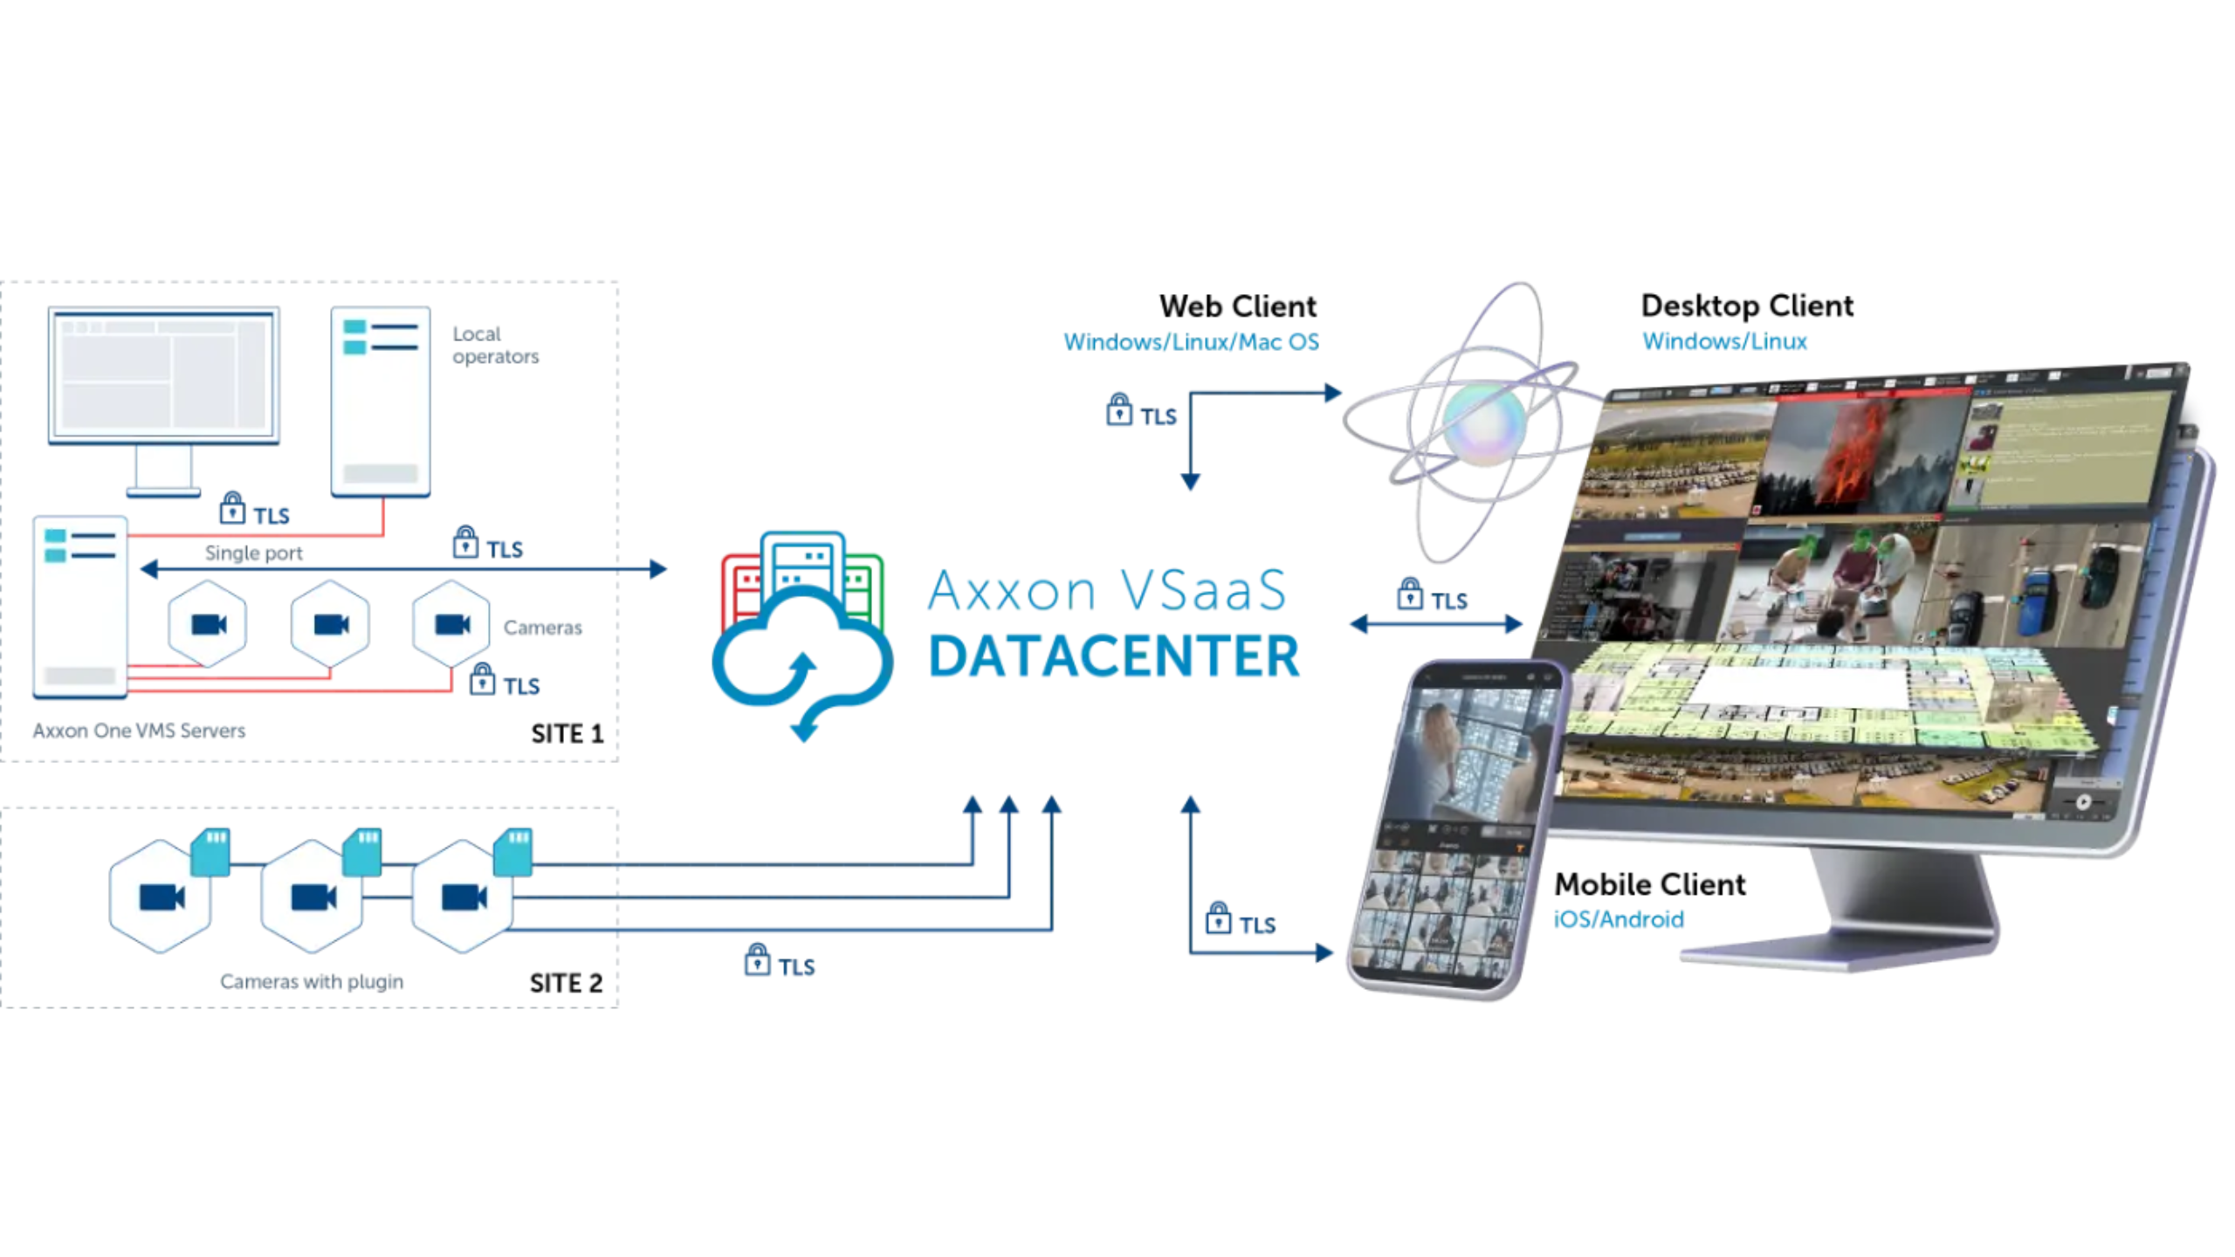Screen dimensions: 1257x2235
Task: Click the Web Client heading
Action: coord(1237,306)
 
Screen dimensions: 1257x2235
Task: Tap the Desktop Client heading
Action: coord(1746,306)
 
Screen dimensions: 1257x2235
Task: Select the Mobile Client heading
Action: coord(1649,884)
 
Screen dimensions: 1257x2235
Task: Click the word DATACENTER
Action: coord(1114,656)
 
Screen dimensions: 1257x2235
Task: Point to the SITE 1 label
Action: coord(567,733)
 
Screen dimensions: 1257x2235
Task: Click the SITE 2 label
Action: coord(566,983)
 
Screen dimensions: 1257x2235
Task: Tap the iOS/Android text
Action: coord(1618,919)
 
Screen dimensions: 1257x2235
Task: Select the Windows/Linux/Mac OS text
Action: coord(1191,342)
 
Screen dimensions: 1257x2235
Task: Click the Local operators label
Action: coord(495,345)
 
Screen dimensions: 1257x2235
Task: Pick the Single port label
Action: coord(253,553)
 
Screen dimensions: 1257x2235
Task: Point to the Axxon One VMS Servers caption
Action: coord(139,731)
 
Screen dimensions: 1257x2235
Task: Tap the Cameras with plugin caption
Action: coord(312,981)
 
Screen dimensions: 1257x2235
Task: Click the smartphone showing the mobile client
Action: coord(1449,829)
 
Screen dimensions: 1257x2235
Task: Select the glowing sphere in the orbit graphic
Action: coord(1484,423)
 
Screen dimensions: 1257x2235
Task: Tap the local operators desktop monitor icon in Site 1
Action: coord(164,384)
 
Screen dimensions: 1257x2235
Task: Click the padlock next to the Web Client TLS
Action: coord(1118,409)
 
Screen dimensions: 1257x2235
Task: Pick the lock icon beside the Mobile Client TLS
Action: coord(1218,918)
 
